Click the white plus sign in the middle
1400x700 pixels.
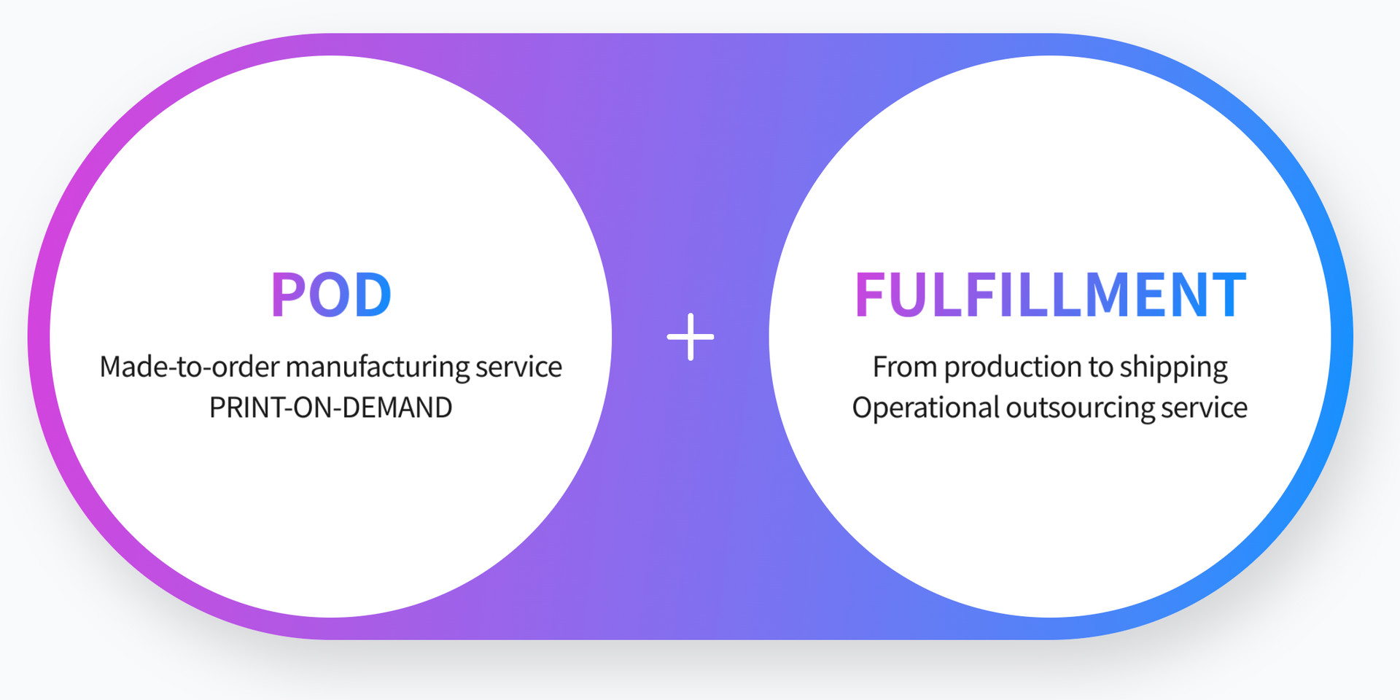click(691, 337)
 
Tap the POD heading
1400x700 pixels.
click(332, 295)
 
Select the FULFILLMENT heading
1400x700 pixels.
click(1050, 295)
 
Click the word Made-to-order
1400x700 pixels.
click(190, 367)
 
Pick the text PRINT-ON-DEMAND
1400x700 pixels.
click(331, 408)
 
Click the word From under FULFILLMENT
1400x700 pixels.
click(905, 367)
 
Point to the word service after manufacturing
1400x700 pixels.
click(519, 367)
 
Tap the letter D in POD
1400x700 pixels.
click(373, 295)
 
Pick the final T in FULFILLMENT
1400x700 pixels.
click(1229, 295)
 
